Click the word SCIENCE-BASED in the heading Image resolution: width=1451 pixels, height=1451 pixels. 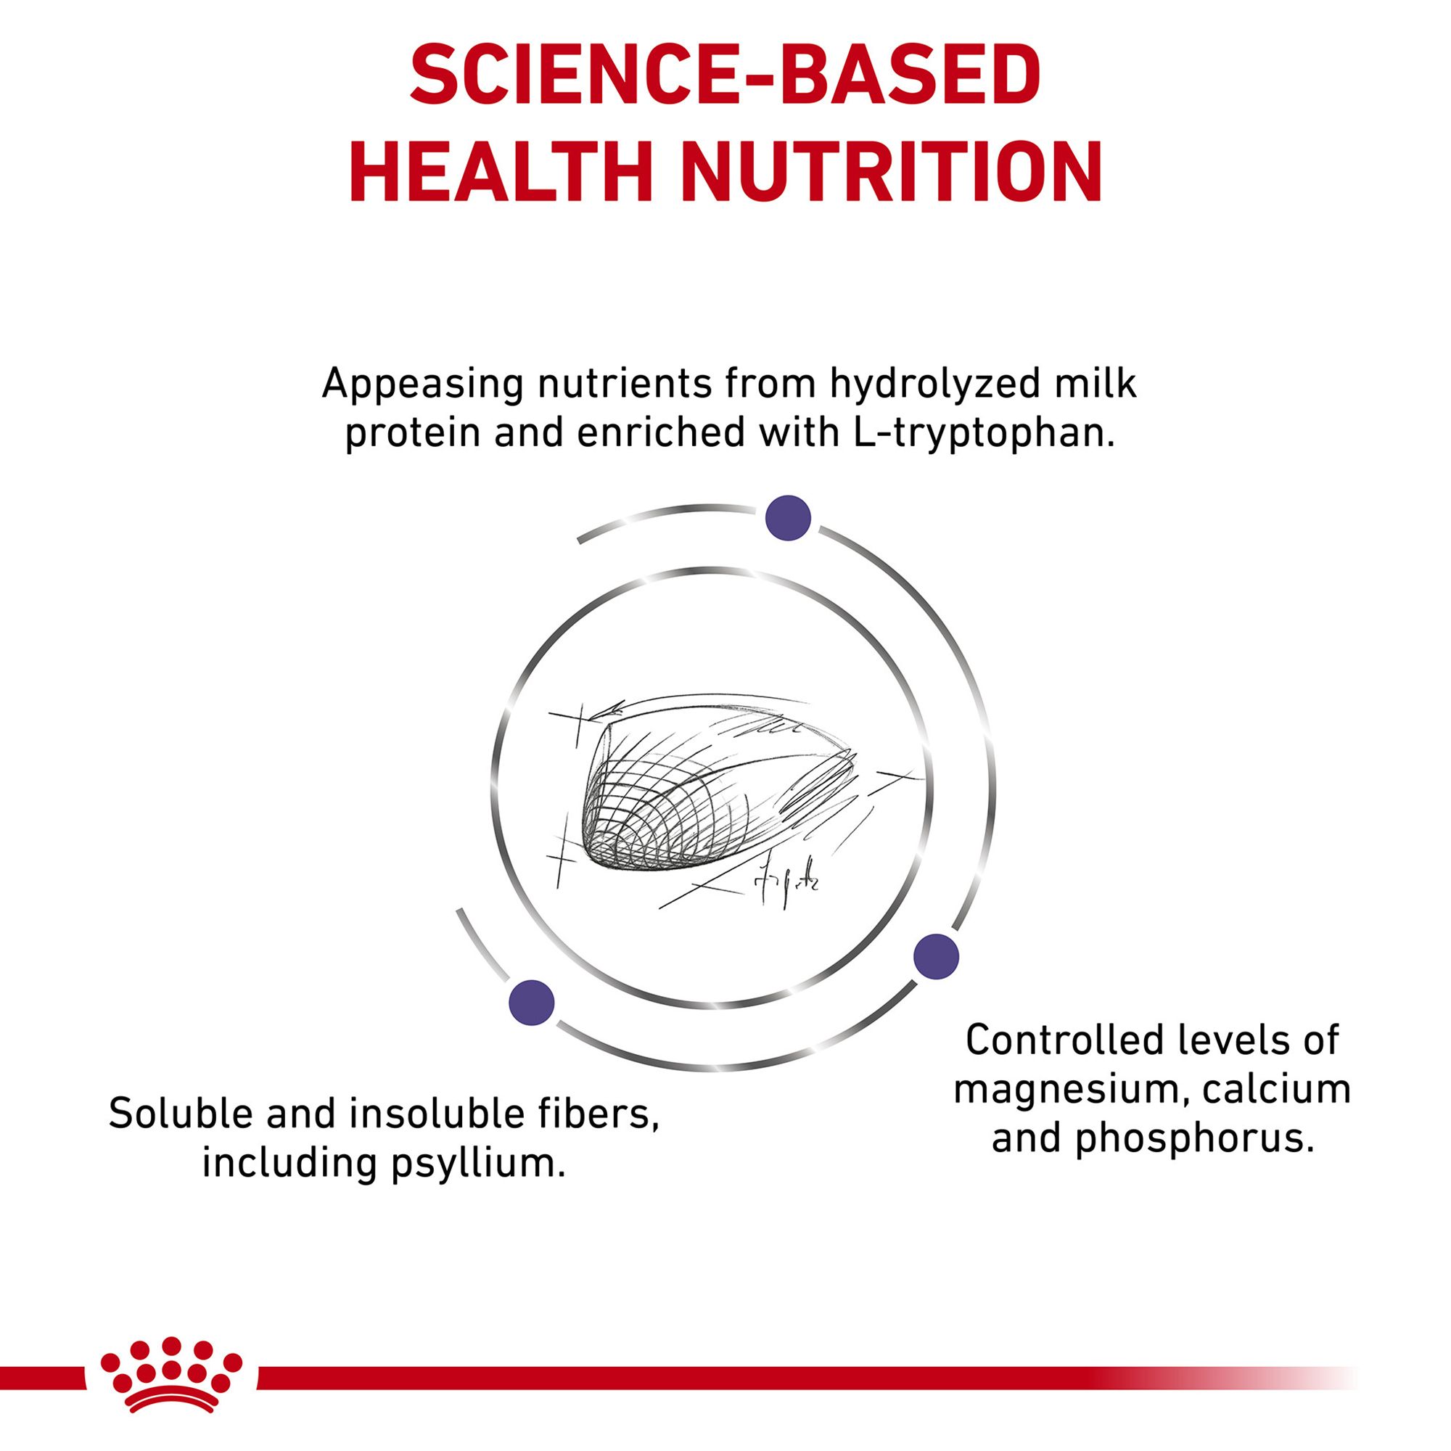725,78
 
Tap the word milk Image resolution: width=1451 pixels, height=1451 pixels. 1095,383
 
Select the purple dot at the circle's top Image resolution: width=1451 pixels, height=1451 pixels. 788,518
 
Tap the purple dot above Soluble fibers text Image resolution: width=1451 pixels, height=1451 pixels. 532,1003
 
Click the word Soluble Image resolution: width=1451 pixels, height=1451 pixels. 181,1114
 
